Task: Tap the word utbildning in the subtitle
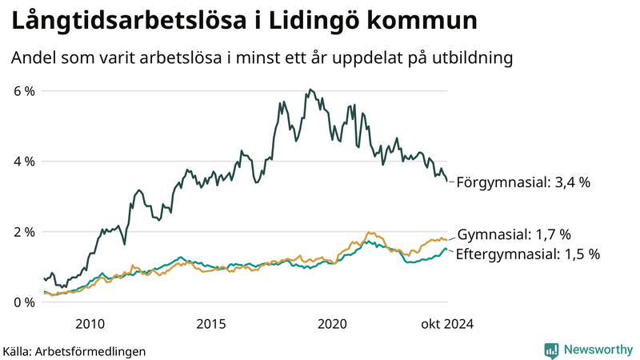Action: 470,58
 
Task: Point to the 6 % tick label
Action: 24,91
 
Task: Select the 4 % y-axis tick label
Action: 24,162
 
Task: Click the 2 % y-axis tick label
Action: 24,232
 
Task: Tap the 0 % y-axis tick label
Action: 24,302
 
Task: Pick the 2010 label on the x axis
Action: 90,324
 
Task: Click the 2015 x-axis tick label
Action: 210,324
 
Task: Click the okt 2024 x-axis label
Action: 446,324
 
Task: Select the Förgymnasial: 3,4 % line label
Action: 523,182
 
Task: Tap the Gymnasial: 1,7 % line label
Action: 514,235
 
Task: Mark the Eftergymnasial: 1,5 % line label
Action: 528,254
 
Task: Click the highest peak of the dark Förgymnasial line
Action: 310,90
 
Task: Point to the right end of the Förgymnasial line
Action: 447,182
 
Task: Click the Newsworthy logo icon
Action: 551,350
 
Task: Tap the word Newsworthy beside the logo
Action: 596,350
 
